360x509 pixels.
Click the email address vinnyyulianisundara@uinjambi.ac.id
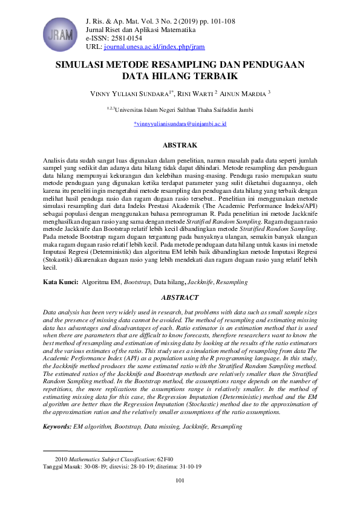(x=180, y=123)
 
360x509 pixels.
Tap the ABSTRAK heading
(x=180, y=146)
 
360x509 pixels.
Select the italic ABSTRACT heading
(x=180, y=297)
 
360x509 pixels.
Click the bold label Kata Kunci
(x=61, y=282)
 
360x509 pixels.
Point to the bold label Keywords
(x=57, y=427)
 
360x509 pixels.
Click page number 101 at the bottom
(x=180, y=481)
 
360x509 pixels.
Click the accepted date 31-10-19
(x=189, y=467)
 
